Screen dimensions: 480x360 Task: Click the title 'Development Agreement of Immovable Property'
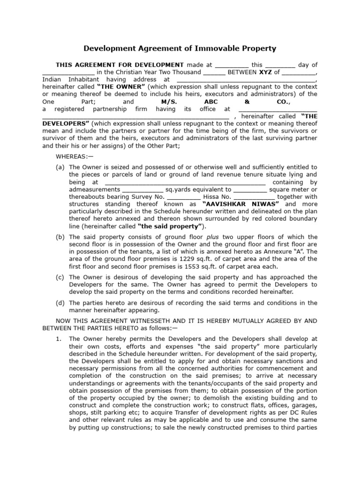pyautogui.click(x=180, y=48)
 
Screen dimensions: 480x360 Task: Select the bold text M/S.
pyautogui.click(x=161, y=101)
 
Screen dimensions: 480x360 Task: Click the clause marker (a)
pyautogui.click(x=60, y=167)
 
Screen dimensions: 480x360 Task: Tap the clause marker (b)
pyautogui.click(x=60, y=237)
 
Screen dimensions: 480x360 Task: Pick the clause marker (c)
pyautogui.click(x=60, y=277)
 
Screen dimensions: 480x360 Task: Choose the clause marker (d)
pyautogui.click(x=60, y=302)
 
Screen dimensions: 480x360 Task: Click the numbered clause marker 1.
pyautogui.click(x=59, y=338)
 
